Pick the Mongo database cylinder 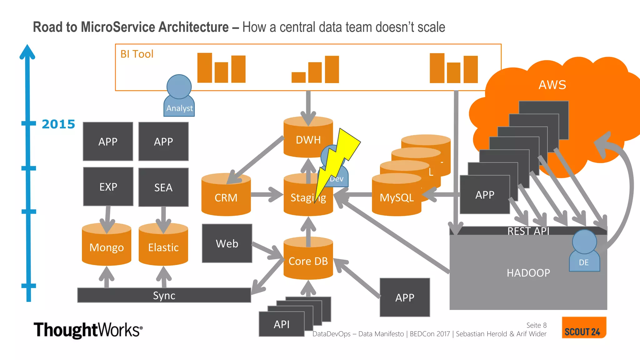point(107,247)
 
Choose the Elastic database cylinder point(163,247)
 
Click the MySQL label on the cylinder point(396,197)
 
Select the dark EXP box point(108,187)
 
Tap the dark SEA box point(163,187)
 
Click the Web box point(227,243)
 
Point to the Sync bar point(164,295)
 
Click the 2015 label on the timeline point(58,124)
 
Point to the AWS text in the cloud point(552,85)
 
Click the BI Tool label point(137,54)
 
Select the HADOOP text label point(528,273)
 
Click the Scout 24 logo point(583,327)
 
